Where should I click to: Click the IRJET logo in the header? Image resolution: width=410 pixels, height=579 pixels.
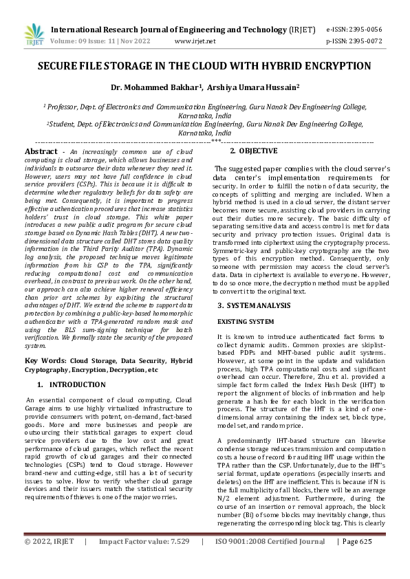click(x=34, y=34)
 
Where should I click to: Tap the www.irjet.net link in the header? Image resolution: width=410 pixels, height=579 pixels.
click(x=195, y=41)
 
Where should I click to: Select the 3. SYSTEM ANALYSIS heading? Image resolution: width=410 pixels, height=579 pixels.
click(x=254, y=304)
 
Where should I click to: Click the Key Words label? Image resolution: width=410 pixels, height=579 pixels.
click(x=45, y=360)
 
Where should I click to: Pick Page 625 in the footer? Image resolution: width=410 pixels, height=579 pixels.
click(x=357, y=560)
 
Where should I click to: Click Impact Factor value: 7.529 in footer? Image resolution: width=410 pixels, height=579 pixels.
click(x=143, y=560)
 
